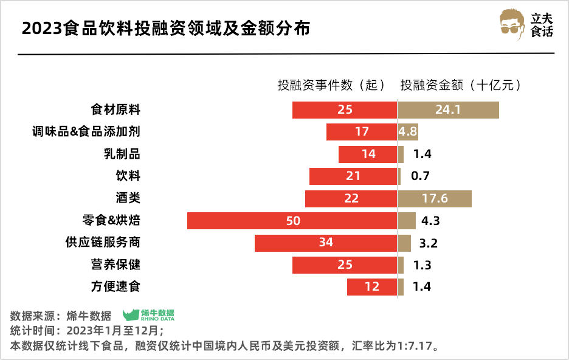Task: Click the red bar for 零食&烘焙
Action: click(243, 221)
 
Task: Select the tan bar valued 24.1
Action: click(449, 110)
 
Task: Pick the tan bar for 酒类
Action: click(435, 199)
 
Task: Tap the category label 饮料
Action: click(128, 176)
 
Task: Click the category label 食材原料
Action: click(116, 110)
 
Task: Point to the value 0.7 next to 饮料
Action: click(420, 176)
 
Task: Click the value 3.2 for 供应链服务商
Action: click(429, 243)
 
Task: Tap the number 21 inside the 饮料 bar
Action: click(353, 176)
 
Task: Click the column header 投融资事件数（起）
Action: click(331, 85)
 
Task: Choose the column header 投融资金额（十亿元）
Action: click(461, 85)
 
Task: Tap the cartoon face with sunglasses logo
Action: click(512, 24)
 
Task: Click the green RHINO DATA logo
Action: click(148, 314)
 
